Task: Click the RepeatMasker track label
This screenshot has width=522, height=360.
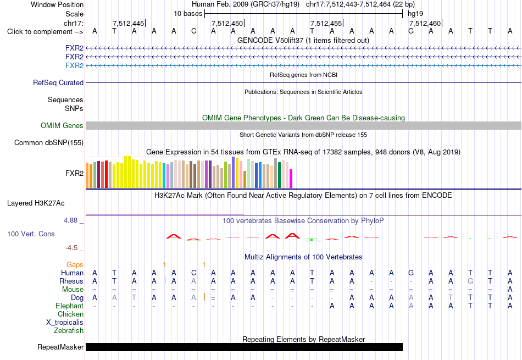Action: tap(60, 347)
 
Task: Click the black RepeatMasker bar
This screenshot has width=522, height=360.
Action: tap(244, 347)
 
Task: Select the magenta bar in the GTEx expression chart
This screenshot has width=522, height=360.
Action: tap(291, 179)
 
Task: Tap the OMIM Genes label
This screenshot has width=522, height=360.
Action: tap(62, 125)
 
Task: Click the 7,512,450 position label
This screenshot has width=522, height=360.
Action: tap(227, 23)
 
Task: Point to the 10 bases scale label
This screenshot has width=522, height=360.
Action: tap(188, 14)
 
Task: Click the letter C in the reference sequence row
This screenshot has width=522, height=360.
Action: tap(194, 31)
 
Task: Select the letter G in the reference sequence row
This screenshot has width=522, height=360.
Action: tap(411, 31)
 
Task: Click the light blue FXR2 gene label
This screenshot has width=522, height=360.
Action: tap(74, 65)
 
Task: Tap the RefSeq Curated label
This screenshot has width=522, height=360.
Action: tap(58, 82)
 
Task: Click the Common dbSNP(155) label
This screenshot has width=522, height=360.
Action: tap(49, 142)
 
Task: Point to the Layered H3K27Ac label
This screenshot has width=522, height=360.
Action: tap(36, 203)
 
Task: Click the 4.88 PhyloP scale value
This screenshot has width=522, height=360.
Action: tap(70, 220)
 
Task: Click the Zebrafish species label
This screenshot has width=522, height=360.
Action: tap(69, 331)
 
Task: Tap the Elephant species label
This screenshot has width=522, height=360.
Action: tap(70, 306)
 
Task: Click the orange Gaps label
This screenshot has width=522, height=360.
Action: tap(75, 264)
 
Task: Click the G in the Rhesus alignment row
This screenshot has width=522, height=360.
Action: tap(470, 281)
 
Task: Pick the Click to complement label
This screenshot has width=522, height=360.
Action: tap(45, 32)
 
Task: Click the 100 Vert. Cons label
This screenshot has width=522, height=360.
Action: tap(31, 234)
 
